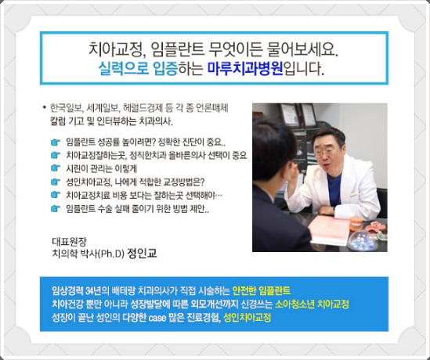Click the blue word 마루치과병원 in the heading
[x=245, y=69]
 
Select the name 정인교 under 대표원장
[x=143, y=254]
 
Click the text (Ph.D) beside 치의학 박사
[x=111, y=254]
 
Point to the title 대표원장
[x=69, y=241]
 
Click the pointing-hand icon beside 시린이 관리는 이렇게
[x=56, y=167]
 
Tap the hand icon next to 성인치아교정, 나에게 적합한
[x=56, y=182]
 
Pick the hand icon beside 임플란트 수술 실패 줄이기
[x=56, y=208]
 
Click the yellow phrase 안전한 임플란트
[x=262, y=290]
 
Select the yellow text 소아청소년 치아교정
[x=312, y=304]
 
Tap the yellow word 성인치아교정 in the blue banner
[x=248, y=318]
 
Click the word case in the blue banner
[x=157, y=319]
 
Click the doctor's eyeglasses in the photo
[x=325, y=152]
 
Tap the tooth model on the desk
[x=356, y=224]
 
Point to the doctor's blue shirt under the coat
[x=334, y=189]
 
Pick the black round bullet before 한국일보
[x=45, y=108]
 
